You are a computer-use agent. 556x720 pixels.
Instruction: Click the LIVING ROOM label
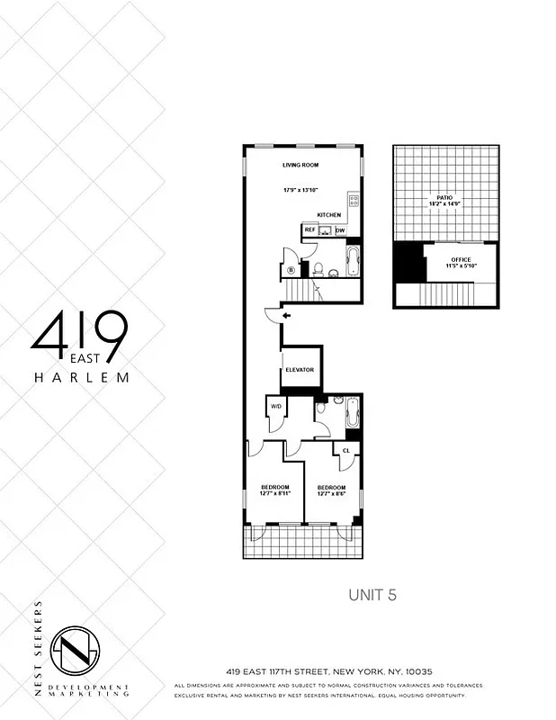coord(301,165)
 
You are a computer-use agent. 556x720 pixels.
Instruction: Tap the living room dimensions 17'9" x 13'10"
coord(301,190)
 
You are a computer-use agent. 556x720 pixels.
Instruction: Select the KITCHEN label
coord(328,215)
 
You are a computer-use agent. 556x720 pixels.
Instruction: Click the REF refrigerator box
coord(309,230)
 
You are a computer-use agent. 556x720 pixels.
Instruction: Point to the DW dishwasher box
coord(340,230)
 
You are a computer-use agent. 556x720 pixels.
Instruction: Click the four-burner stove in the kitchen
coord(354,201)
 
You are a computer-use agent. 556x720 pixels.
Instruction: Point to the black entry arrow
coord(287,316)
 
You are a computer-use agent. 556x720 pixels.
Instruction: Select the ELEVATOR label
coord(299,370)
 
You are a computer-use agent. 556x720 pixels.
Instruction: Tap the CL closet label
coord(345,449)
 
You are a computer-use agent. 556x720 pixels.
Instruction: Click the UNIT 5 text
coord(372,595)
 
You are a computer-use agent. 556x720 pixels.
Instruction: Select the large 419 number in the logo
coord(78,332)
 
